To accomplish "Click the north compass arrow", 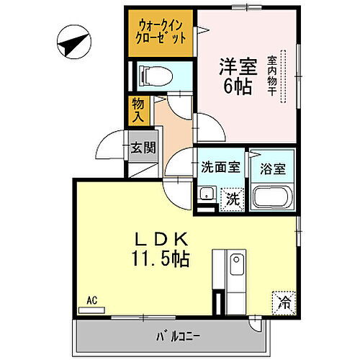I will pos(73,45).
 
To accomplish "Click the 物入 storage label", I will pos(138,109).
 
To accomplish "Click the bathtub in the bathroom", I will pos(272,197).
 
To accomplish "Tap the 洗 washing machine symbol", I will pos(232,197).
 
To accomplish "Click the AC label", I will pos(91,301).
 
